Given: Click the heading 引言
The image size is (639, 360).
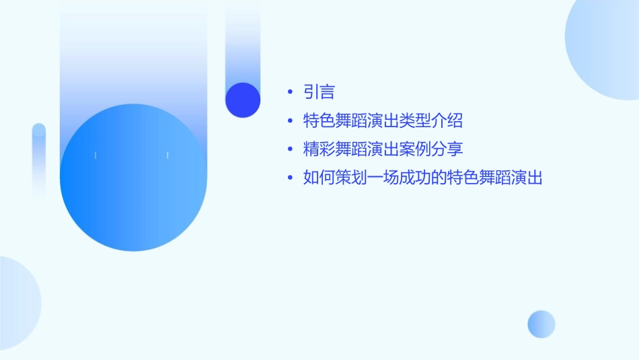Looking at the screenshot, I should [x=319, y=92].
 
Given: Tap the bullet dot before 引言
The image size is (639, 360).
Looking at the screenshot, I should [x=290, y=92].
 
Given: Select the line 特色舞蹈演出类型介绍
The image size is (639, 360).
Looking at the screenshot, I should [x=383, y=121].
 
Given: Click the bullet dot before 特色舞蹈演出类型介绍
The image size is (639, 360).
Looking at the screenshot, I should [x=290, y=121].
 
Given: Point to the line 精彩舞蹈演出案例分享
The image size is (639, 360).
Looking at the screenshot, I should [x=383, y=149].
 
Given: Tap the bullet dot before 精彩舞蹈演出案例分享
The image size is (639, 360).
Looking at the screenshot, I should [x=290, y=149].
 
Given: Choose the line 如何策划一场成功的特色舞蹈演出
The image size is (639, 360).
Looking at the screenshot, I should [x=423, y=178].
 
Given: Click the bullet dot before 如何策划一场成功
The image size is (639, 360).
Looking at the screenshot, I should [x=290, y=178].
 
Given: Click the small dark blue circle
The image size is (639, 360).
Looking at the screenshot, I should [x=243, y=100].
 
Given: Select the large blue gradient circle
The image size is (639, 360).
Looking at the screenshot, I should [x=133, y=178].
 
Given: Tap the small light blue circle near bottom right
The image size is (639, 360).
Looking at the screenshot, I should [x=541, y=324].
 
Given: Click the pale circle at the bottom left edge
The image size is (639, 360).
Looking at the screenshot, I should [x=17, y=303].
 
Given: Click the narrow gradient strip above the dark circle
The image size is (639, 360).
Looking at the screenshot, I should [x=243, y=40].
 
